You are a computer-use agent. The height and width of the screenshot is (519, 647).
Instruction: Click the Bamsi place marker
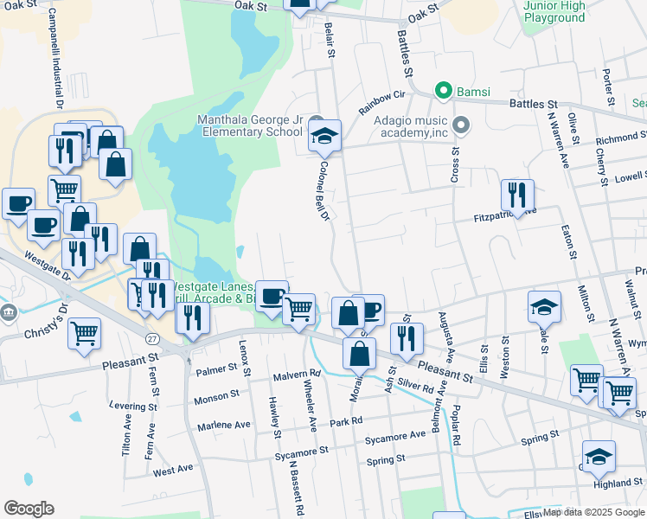point(445,89)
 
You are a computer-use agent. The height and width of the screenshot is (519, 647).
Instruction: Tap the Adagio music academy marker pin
point(460,126)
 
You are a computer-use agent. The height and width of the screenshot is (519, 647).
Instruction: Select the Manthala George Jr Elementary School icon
point(325,136)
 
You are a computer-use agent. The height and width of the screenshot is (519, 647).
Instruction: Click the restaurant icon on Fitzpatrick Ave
point(517,195)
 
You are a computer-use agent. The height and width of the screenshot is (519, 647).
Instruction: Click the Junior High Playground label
point(554,11)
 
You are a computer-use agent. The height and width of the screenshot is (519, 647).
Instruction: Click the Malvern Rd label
point(297,374)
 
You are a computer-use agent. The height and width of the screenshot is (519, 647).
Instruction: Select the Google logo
point(29,508)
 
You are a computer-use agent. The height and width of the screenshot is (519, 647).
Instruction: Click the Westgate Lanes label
point(209,286)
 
